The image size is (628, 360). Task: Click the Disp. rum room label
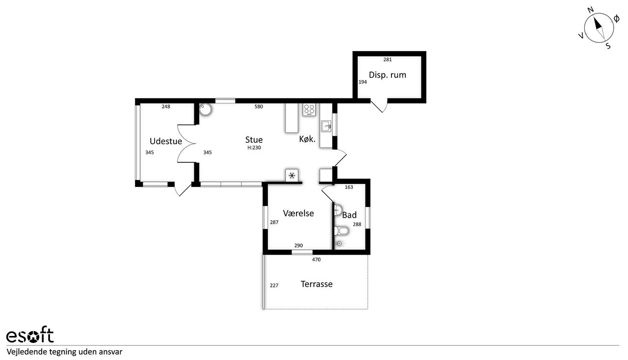[x=387, y=75]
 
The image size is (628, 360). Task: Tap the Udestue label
[x=166, y=141]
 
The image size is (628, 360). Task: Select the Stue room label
[x=254, y=140]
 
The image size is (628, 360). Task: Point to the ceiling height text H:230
[x=254, y=148]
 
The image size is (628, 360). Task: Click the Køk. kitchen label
[x=307, y=139]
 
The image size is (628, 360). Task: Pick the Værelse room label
[x=298, y=213]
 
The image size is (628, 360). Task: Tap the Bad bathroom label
[x=349, y=215]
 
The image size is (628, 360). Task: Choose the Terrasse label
[x=316, y=284]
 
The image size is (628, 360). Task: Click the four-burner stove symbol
[x=309, y=110]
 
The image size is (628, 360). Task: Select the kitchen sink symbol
[x=326, y=126]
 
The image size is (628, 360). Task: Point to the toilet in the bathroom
[x=341, y=231]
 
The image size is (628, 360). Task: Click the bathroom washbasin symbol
[x=338, y=210]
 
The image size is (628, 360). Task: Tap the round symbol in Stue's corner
[x=206, y=109]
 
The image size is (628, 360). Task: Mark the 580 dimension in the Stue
[x=259, y=106]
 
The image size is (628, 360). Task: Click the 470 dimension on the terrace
[x=316, y=259]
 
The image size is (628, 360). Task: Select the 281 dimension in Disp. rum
[x=388, y=59]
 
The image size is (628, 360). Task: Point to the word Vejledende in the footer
[x=27, y=352]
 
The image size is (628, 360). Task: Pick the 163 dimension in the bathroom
[x=349, y=187]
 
